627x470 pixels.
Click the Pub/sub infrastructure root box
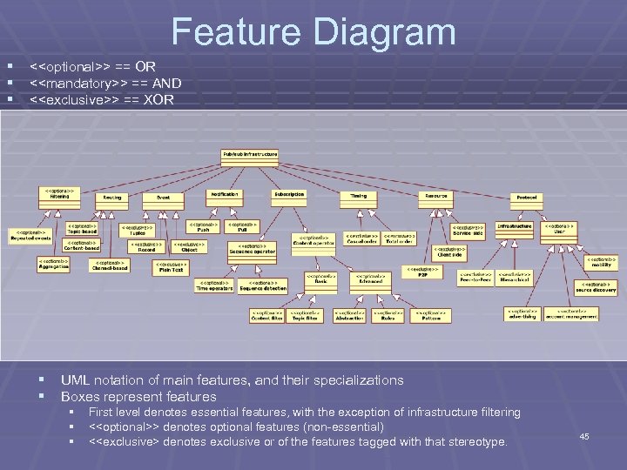coord(250,154)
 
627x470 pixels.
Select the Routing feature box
coord(112,198)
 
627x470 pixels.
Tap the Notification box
coord(225,195)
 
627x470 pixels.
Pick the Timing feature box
coord(359,197)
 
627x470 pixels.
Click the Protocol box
coord(526,198)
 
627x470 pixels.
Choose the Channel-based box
coord(110,265)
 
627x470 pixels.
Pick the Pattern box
coord(430,315)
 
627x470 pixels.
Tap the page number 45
coord(584,436)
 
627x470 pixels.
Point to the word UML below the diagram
coord(76,380)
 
